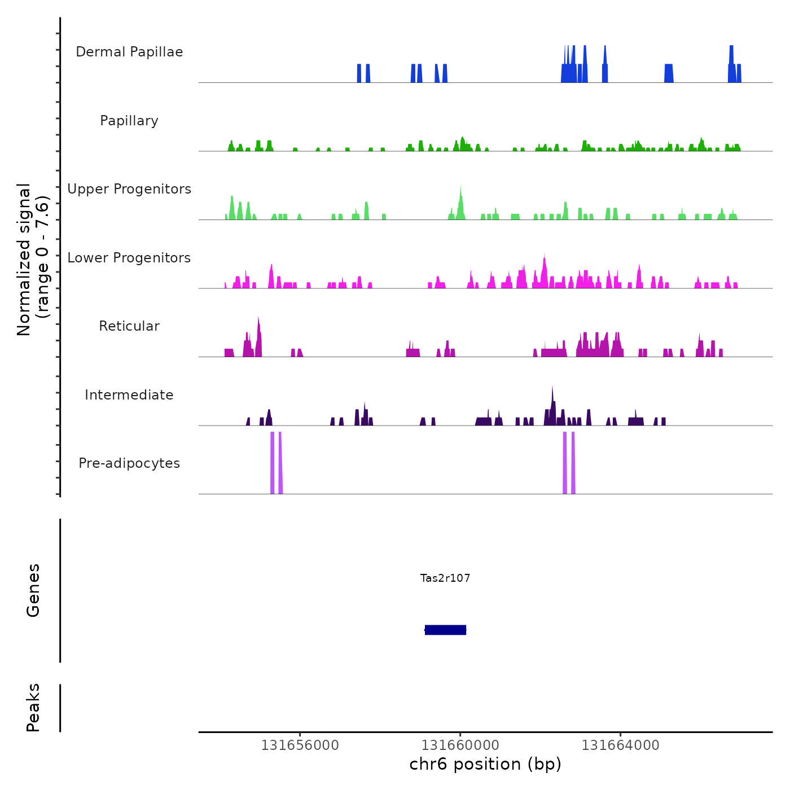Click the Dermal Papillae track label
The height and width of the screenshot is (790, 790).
point(129,52)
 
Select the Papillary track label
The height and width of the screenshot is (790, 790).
point(129,121)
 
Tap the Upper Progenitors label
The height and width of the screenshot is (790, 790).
point(129,189)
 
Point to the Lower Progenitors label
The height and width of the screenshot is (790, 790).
point(129,258)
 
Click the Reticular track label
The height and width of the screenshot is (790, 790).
point(129,326)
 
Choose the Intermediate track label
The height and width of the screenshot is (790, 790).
point(129,395)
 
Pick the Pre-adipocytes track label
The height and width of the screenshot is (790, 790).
point(129,463)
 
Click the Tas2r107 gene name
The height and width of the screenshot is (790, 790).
point(445,578)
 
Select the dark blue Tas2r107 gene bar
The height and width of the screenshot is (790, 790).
point(445,630)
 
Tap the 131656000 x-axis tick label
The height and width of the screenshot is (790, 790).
point(300,745)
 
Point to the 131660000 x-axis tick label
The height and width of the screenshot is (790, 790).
point(460,745)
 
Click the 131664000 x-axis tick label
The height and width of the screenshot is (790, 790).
point(620,745)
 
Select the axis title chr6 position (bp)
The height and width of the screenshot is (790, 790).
point(485,764)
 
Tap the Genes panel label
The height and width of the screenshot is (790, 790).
point(33,590)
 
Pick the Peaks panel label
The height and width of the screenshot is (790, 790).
point(33,708)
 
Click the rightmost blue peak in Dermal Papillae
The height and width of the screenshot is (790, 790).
point(739,73)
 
